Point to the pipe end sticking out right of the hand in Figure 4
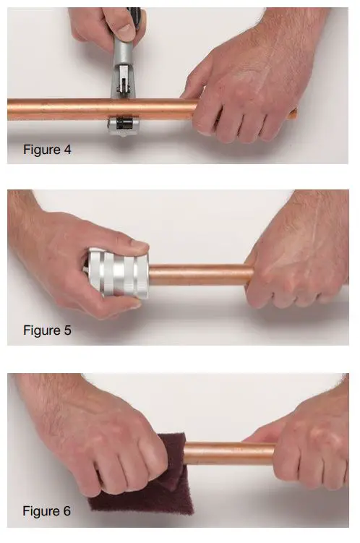[291, 113]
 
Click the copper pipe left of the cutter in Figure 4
[58, 108]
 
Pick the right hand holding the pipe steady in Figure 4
[246, 94]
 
